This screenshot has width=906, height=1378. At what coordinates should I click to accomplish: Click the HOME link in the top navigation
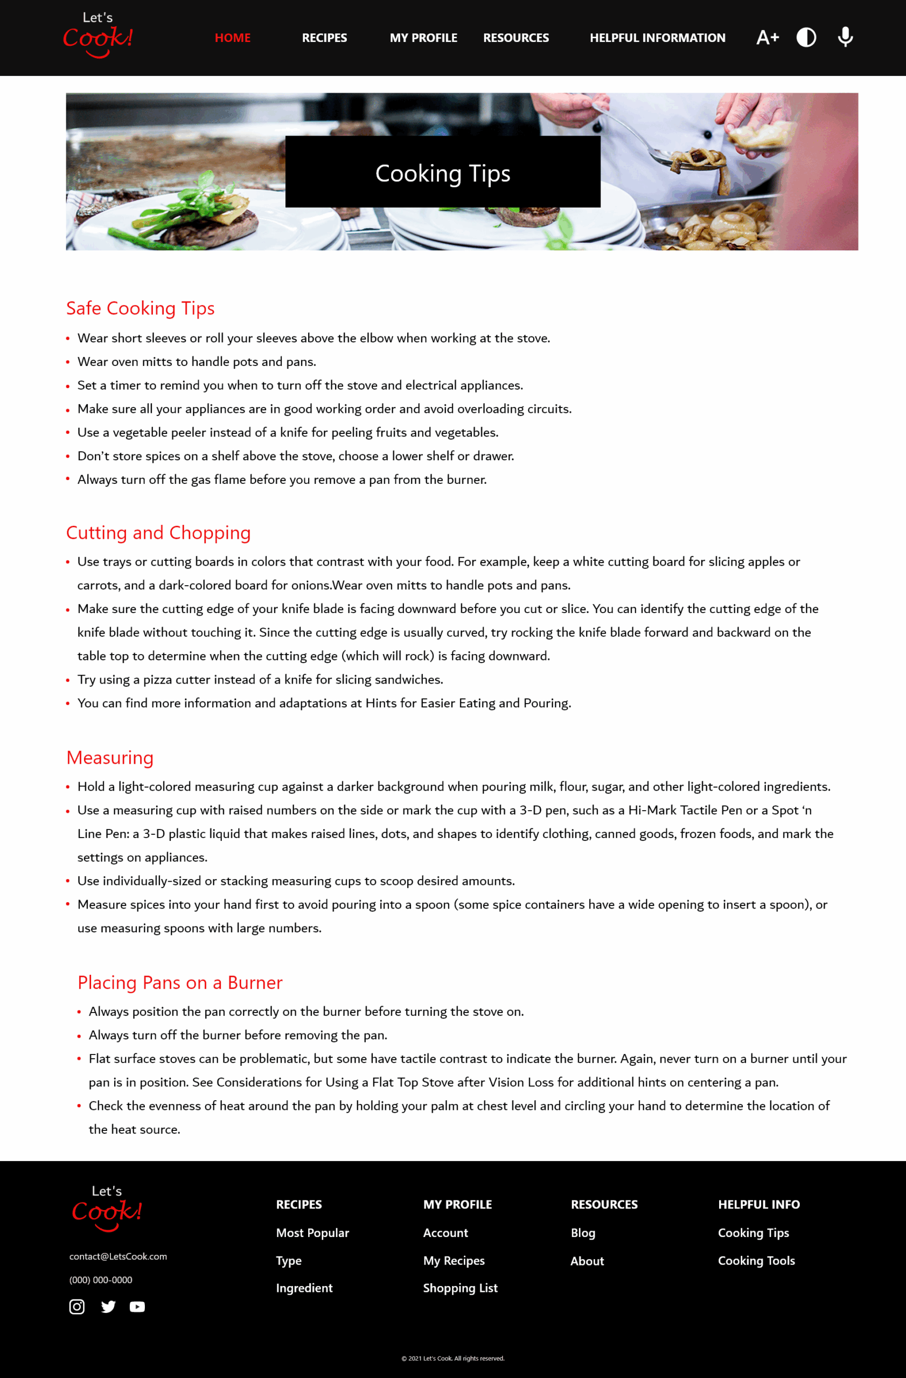tap(232, 38)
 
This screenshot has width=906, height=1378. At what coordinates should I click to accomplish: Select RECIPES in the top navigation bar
tap(324, 38)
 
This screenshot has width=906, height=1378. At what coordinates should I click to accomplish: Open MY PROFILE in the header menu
tap(423, 38)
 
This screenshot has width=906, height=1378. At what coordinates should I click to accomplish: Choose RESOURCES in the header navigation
tap(515, 38)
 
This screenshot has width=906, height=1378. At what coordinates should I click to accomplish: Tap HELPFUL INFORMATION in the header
tap(657, 38)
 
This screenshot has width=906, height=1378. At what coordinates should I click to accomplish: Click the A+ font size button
tap(768, 38)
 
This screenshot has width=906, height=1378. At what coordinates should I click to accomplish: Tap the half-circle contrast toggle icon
tap(806, 38)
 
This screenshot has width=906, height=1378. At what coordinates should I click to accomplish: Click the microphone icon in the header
tap(845, 37)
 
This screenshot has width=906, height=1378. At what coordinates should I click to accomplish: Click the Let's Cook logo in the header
tap(98, 36)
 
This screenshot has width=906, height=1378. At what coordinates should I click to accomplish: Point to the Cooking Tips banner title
tap(443, 173)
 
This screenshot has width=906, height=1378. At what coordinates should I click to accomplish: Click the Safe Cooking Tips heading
tap(140, 308)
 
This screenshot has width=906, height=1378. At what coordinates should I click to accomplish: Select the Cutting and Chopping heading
tap(158, 532)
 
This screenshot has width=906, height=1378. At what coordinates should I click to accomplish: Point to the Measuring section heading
tap(110, 757)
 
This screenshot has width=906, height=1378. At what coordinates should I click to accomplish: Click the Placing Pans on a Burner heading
tap(179, 982)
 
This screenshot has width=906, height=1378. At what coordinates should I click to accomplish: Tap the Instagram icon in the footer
tap(77, 1307)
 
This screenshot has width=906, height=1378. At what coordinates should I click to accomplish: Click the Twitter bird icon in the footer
tap(108, 1307)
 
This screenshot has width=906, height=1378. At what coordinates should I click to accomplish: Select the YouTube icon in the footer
tap(137, 1307)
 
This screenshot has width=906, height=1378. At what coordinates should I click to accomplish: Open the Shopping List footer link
tap(460, 1288)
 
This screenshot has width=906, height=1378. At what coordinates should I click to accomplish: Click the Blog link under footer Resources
tap(583, 1233)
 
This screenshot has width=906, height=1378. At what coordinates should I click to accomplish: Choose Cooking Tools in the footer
tap(756, 1261)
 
